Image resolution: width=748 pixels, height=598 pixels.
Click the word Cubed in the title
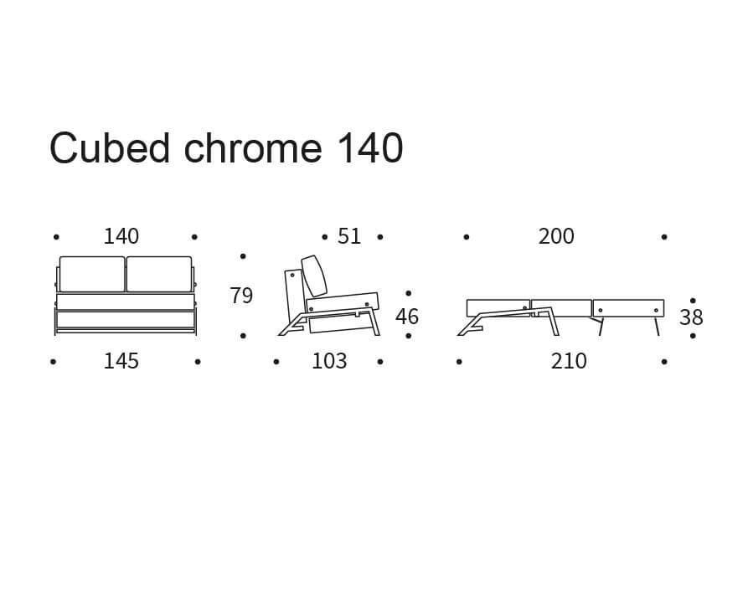point(110,148)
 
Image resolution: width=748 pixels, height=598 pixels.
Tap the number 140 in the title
point(369,148)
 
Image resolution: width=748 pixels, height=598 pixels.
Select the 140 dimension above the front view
point(121,236)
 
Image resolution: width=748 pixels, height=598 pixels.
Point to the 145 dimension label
point(121,361)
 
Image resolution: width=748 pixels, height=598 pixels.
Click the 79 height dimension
point(241,296)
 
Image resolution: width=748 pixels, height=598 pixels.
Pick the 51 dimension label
point(349,236)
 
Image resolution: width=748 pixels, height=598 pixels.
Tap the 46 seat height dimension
point(407,317)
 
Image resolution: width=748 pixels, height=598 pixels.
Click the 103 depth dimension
point(329,361)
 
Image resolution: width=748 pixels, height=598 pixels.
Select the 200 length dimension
point(556,236)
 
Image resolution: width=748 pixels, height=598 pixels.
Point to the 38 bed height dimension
point(691,317)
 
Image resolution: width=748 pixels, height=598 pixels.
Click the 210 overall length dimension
point(569,361)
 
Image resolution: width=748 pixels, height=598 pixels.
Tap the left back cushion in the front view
point(92,274)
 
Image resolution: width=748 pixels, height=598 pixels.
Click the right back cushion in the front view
point(159,274)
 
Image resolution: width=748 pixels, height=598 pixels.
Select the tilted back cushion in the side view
point(314,276)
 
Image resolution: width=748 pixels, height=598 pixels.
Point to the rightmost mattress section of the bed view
point(628,308)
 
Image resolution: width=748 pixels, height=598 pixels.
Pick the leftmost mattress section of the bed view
point(498,307)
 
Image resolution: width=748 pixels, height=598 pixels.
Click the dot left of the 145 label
point(53,362)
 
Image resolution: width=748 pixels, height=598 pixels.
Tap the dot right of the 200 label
point(664,237)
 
